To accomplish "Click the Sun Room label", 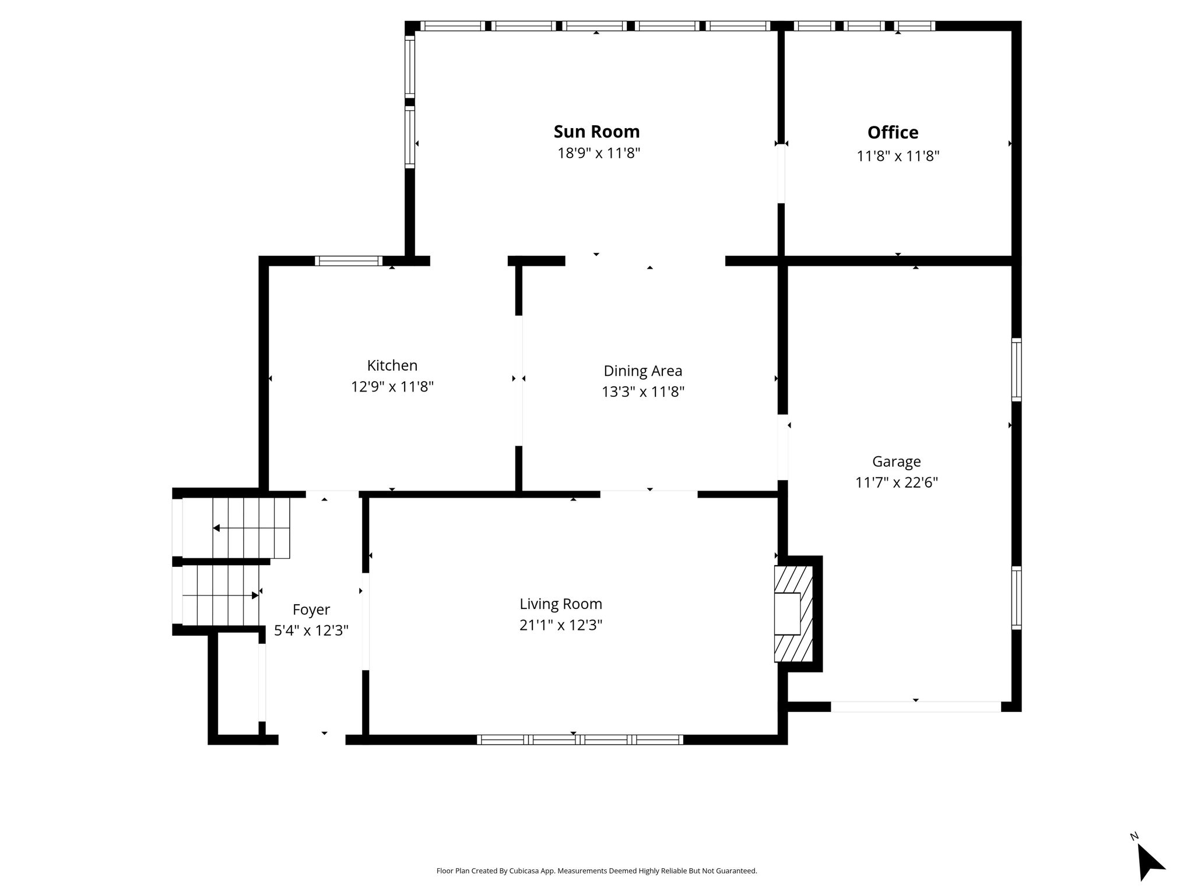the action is (596, 132).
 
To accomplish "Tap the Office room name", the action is (893, 133).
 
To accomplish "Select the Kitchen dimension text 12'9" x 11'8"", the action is (392, 386).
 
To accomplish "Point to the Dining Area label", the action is (642, 371).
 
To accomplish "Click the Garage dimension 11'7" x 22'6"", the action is (897, 482).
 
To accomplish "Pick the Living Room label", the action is (561, 604).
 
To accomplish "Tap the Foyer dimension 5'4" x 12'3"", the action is (311, 630).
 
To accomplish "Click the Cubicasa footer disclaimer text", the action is (596, 871).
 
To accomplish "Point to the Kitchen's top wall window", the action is (349, 261).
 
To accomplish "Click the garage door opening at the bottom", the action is (916, 706).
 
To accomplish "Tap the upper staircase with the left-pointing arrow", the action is (251, 528).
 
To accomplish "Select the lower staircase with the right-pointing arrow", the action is (220, 595).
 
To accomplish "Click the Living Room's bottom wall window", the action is (580, 739).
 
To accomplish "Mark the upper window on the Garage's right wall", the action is (1016, 369).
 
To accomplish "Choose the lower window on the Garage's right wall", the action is (1016, 598).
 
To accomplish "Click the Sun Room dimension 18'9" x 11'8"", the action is (599, 153).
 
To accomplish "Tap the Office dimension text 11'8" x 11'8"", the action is (898, 156).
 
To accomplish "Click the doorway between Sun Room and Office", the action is (781, 174).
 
